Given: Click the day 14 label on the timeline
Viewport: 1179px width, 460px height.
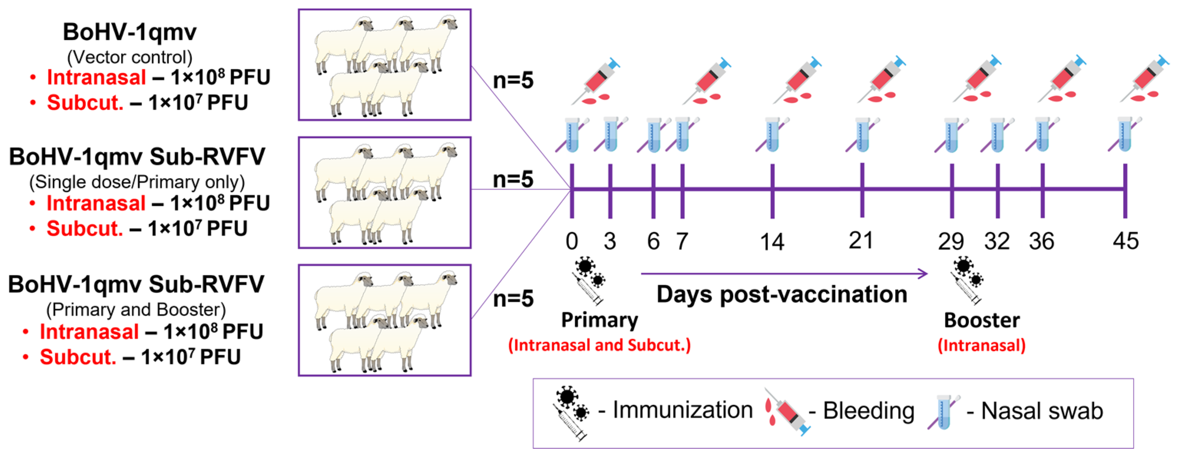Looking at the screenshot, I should (x=772, y=241).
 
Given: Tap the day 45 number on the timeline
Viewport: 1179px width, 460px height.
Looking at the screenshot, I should (x=1126, y=241).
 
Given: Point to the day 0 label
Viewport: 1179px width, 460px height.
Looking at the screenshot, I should (x=572, y=241).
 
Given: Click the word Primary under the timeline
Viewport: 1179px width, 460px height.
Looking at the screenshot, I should (x=599, y=320).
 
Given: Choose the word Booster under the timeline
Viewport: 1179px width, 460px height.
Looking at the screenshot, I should (x=982, y=320).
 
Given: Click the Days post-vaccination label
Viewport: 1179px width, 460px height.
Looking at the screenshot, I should (x=782, y=294).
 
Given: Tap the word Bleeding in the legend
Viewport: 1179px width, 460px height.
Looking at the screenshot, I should (x=868, y=410).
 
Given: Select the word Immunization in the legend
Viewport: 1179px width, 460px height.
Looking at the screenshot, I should (x=683, y=410).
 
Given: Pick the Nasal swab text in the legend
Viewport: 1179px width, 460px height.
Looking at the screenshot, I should (x=1042, y=410).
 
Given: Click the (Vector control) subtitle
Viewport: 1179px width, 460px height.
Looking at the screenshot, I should (x=129, y=57).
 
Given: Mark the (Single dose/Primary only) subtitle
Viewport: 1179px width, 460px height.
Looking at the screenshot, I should (x=137, y=182).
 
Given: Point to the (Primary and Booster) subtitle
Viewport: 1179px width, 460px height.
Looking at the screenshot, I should (x=136, y=309).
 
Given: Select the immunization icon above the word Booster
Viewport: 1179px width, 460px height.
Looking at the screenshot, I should (x=967, y=280).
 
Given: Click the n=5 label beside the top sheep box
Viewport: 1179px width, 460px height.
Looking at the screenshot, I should (x=513, y=81).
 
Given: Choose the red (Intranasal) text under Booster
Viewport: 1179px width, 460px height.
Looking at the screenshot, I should (x=982, y=345).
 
